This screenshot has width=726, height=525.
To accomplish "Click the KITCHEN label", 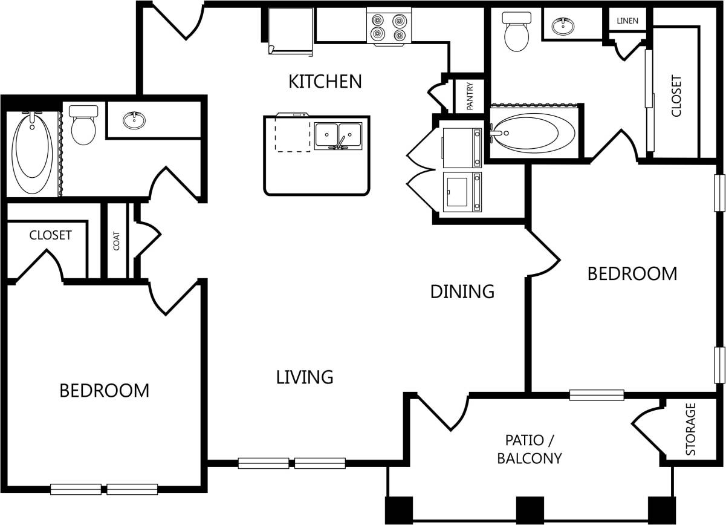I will [x=325, y=81].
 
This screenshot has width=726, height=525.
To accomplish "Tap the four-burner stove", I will [x=388, y=27].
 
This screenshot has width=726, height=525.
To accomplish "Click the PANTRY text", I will [x=470, y=96].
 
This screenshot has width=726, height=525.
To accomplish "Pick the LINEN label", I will [x=627, y=21].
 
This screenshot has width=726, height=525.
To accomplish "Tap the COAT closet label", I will [x=117, y=241].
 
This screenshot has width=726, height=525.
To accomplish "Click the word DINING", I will [x=462, y=292].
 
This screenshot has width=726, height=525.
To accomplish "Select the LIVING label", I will [x=305, y=377].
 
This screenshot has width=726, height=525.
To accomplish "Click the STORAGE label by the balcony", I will [x=690, y=429].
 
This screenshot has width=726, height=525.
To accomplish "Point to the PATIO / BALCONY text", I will [x=529, y=449].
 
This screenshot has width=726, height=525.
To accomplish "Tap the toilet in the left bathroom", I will [x=83, y=125].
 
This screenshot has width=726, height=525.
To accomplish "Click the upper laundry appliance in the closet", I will [x=462, y=144].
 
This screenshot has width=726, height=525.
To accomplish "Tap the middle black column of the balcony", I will [x=529, y=509].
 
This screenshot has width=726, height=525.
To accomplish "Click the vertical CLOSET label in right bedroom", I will [x=676, y=96].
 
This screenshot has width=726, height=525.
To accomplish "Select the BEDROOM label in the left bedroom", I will [x=104, y=391].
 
